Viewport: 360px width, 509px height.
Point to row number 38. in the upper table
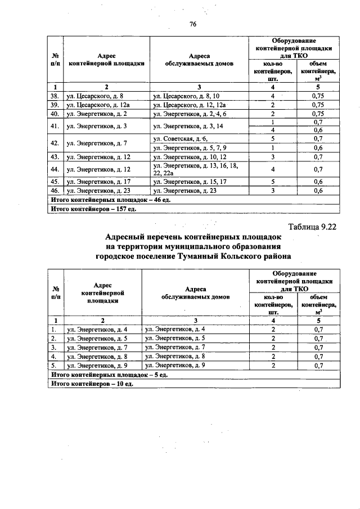(x=55, y=96)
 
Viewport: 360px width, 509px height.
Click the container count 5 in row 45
(x=273, y=182)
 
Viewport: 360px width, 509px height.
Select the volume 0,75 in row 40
(x=317, y=113)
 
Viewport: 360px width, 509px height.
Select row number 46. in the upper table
(x=55, y=190)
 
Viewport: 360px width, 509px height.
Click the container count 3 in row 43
(x=273, y=156)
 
